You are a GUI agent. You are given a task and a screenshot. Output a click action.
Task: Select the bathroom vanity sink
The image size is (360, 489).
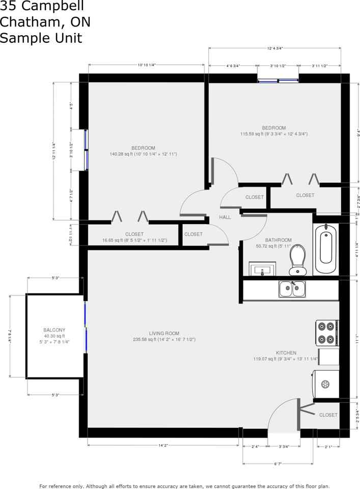tap(262, 268)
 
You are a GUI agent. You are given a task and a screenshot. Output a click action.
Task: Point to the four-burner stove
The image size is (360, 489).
tap(327, 333)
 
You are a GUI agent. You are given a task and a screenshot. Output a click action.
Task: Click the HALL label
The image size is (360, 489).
tap(225, 218)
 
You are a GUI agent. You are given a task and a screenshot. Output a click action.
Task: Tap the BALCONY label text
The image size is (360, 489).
tap(54, 330)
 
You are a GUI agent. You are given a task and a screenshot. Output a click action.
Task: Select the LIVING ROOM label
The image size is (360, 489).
tap(164, 334)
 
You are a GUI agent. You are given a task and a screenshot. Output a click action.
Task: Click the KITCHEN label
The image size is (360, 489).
tap(286, 353)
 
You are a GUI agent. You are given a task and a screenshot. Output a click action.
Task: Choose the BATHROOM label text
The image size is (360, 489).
tap(279, 240)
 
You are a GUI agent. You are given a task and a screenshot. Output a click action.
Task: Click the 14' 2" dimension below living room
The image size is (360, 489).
tap(163, 445)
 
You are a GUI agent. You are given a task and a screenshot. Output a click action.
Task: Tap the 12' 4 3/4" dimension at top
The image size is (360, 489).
tap(274, 48)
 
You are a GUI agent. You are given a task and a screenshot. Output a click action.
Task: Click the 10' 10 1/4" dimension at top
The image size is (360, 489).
tap(146, 65)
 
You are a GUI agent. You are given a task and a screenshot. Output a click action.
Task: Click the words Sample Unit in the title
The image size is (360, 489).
tap(41, 38)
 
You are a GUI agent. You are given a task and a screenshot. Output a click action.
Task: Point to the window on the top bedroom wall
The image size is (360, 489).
tap(278, 80)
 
